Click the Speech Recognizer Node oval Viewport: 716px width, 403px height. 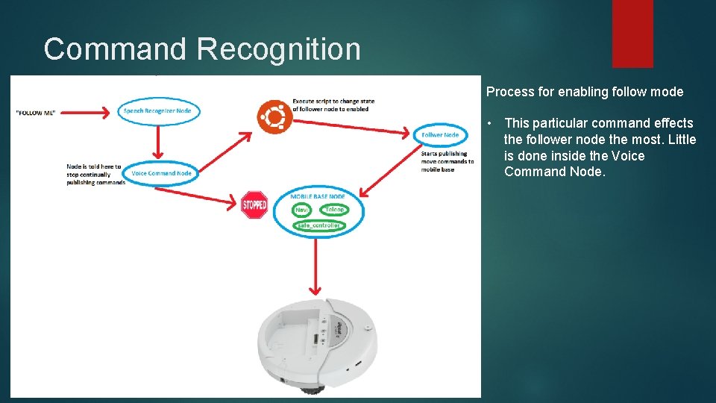coord(157,111)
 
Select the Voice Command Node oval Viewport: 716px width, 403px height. coord(161,173)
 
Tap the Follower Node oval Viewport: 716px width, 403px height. coord(440,135)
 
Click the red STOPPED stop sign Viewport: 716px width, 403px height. coord(254,204)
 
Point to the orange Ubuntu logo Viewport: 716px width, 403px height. coord(274,117)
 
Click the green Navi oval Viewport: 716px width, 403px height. coord(302,210)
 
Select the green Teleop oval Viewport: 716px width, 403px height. coord(334,210)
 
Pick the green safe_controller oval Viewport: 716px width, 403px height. coord(318,225)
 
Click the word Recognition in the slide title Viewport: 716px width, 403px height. coord(279,49)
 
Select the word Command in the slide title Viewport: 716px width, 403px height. coord(115,49)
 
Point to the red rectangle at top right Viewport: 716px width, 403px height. coord(632,34)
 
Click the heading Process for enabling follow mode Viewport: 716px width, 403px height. coord(584,92)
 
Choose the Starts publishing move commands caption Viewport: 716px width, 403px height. coord(447,161)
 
